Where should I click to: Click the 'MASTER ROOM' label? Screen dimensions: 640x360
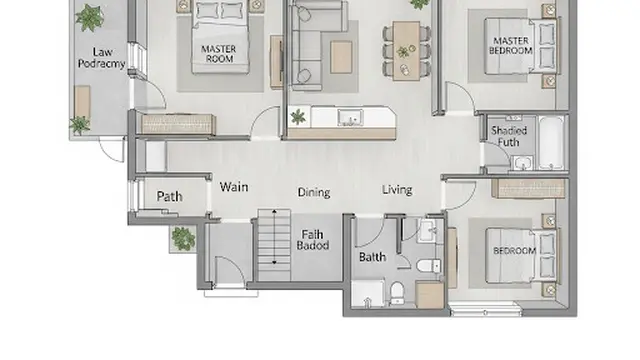click(x=219, y=54)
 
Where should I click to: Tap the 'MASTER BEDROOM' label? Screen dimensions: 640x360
click(x=511, y=46)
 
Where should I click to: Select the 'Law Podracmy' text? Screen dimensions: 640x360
click(x=102, y=58)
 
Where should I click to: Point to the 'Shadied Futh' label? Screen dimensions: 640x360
click(x=509, y=136)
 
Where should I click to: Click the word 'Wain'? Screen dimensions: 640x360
click(x=234, y=187)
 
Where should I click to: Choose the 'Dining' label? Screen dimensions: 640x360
click(x=314, y=192)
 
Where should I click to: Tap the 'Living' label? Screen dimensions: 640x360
click(x=397, y=190)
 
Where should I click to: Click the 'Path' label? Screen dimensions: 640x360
click(x=169, y=196)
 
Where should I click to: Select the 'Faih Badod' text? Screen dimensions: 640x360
click(x=313, y=240)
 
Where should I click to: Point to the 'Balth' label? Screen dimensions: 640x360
click(x=372, y=257)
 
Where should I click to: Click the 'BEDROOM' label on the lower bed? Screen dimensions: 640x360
click(x=514, y=251)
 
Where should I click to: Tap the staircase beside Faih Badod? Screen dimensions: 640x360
click(x=274, y=245)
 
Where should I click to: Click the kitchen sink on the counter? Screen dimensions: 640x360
click(x=350, y=118)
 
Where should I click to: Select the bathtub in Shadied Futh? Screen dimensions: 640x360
click(x=551, y=142)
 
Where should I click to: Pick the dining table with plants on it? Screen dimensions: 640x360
click(x=406, y=51)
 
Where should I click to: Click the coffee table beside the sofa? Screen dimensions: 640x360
click(x=341, y=57)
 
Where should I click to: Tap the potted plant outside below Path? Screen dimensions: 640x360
click(x=183, y=238)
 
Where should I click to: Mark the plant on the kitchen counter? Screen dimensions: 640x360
click(x=298, y=117)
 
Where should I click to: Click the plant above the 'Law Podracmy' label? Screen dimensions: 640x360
click(x=89, y=18)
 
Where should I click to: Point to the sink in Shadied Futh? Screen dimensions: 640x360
click(x=522, y=162)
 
